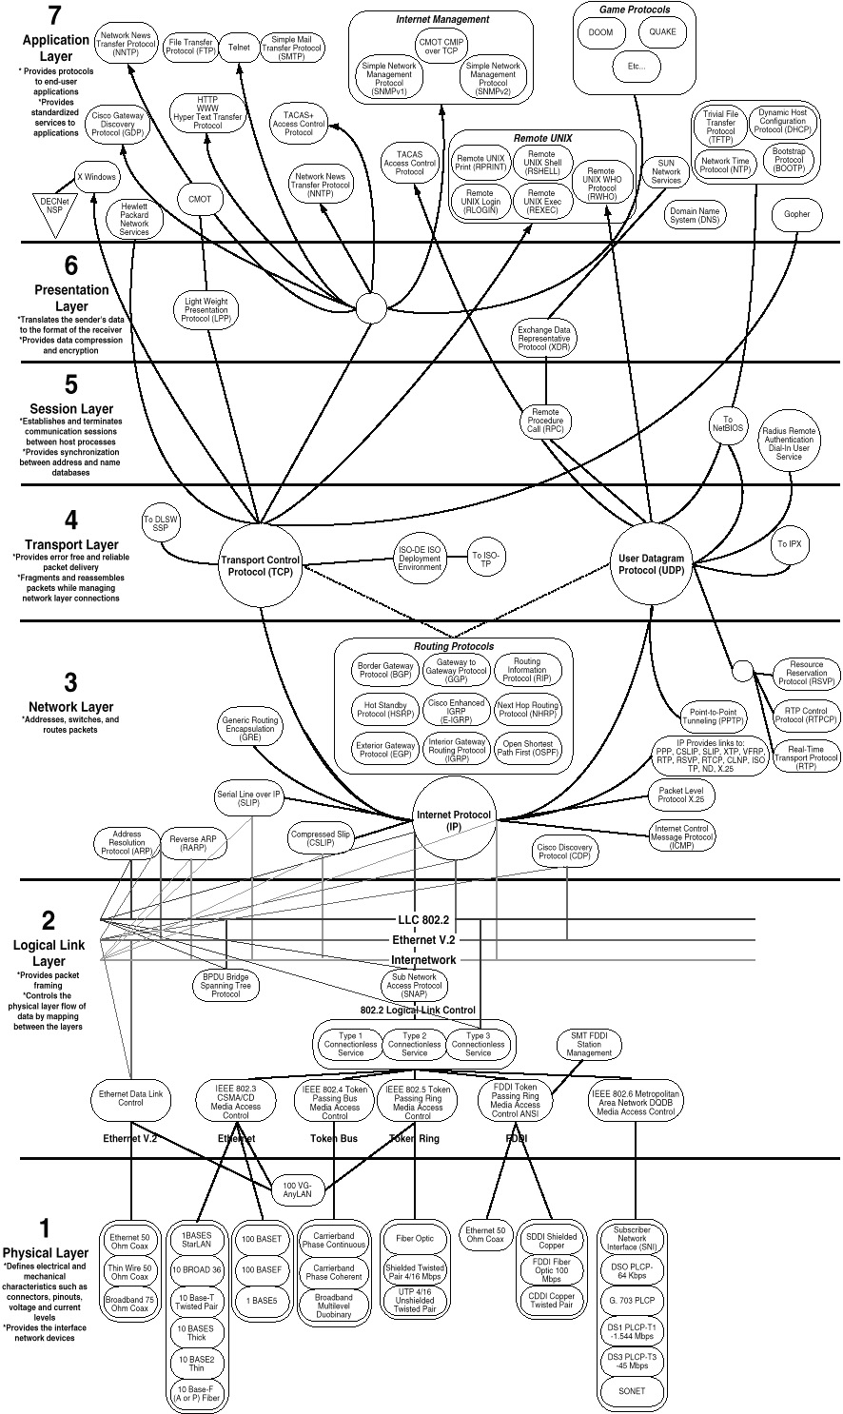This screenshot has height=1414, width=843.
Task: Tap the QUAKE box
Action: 662,31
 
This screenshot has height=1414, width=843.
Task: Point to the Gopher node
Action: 797,214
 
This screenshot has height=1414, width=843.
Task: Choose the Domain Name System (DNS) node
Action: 696,214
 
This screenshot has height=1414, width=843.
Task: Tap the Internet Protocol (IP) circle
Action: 454,821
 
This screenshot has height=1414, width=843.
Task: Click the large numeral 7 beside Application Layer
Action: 54,16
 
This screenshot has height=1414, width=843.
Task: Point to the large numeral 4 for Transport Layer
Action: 44,520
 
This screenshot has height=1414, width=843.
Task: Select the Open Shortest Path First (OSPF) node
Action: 528,747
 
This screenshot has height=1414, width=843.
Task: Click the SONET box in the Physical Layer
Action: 630,1391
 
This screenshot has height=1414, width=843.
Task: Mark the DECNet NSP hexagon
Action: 50,205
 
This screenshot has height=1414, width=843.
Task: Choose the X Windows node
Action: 96,177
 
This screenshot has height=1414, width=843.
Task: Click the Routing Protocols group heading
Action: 454,647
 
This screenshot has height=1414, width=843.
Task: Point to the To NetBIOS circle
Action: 729,424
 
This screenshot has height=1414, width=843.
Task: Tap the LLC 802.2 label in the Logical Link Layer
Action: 422,920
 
